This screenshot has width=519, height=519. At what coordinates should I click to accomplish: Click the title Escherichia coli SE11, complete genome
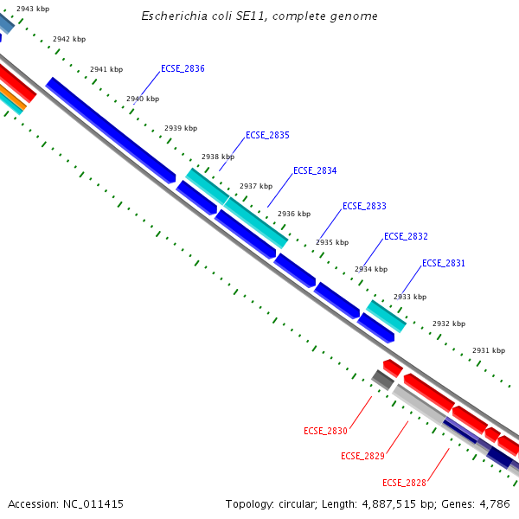click(x=259, y=16)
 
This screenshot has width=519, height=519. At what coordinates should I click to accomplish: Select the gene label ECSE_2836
click(x=183, y=68)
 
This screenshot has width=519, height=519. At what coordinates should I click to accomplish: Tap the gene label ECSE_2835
click(x=267, y=135)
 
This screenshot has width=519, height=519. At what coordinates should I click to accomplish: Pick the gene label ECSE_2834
click(x=315, y=170)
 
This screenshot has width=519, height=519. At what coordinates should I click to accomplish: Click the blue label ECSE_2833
click(x=364, y=206)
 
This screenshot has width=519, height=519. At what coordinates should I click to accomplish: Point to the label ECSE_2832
click(x=406, y=236)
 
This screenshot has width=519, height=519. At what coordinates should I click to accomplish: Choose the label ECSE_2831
click(x=444, y=263)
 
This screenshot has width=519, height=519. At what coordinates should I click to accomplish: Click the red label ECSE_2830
click(x=325, y=431)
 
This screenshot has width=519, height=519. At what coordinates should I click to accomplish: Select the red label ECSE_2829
click(x=362, y=456)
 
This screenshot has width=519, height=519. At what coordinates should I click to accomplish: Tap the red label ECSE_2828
click(x=404, y=483)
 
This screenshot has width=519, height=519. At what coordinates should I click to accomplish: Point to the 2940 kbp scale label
click(x=143, y=99)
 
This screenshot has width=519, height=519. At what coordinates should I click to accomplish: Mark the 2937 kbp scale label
click(x=255, y=186)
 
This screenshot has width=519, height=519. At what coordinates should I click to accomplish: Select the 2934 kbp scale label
click(x=370, y=269)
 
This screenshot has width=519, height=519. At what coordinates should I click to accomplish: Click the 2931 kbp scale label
click(x=488, y=350)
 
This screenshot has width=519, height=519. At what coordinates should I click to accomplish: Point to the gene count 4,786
click(x=492, y=503)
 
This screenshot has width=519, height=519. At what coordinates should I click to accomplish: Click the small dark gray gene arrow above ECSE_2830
click(x=382, y=379)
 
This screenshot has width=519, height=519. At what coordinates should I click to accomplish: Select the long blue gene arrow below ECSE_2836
click(x=111, y=129)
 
